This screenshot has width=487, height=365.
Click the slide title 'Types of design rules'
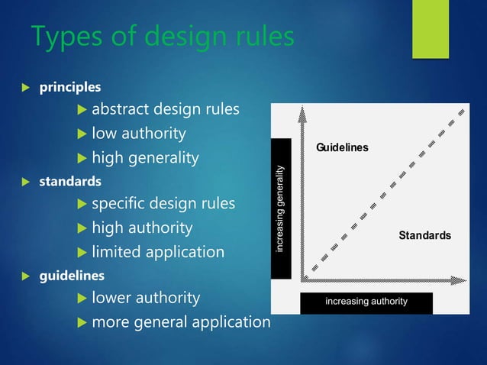162,37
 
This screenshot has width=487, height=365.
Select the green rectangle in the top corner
431,28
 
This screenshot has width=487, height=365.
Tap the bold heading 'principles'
69,89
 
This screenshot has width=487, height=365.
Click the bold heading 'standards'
69,182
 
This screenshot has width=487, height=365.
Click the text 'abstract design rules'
165,109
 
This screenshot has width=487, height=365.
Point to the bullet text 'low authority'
138,134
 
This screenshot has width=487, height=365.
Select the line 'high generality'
145,158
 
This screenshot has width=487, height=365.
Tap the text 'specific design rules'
163,204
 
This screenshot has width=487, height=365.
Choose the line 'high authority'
142,228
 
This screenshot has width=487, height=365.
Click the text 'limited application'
158,251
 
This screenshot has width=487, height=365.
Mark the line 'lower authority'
146,297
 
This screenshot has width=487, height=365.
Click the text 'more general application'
181,321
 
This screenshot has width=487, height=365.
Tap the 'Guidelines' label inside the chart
341,147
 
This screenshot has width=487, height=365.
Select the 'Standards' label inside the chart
424,235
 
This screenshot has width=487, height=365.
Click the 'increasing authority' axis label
366,302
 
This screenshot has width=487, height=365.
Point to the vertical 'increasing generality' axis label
281,208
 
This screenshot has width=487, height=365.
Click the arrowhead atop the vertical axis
303,111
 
